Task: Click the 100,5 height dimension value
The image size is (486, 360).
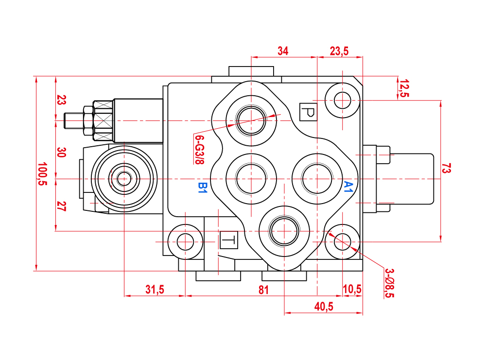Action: tap(42, 173)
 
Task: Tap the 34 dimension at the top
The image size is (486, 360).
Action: tap(283, 51)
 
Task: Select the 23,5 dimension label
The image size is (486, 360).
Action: tap(339, 51)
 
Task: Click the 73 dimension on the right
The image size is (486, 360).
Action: tap(447, 169)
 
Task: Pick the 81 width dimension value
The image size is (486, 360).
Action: tap(263, 290)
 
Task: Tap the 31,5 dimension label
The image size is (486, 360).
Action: tap(155, 290)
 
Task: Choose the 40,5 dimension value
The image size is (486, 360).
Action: tap(323, 307)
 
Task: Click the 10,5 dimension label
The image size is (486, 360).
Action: tap(352, 290)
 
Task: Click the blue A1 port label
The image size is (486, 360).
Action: tap(348, 187)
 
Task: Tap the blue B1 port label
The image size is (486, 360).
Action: tap(203, 187)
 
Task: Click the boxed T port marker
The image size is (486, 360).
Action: tap(229, 240)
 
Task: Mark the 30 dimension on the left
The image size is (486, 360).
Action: tap(61, 152)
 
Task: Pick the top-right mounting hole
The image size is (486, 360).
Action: tap(343, 101)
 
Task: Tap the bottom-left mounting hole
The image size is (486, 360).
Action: tap(185, 240)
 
